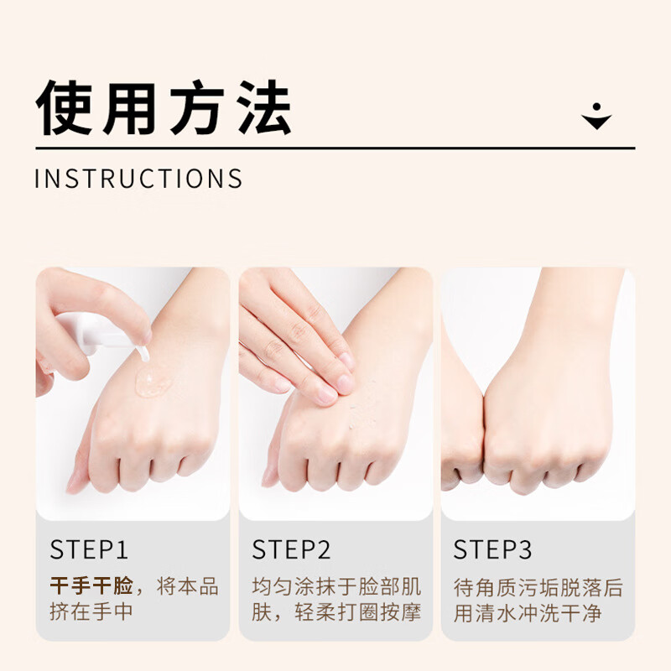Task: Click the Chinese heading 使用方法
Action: [x=164, y=108]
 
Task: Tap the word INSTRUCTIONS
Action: [x=139, y=179]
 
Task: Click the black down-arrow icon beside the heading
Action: [x=596, y=118]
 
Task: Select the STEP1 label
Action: [x=89, y=550]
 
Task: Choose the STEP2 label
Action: [x=291, y=550]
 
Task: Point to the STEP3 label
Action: [x=492, y=550]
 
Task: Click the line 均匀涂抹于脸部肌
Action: [x=336, y=585]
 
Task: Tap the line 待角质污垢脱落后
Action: [x=538, y=585]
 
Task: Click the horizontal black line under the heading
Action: [x=335, y=148]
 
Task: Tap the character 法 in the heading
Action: [x=265, y=108]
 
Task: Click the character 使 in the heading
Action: [x=64, y=108]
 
